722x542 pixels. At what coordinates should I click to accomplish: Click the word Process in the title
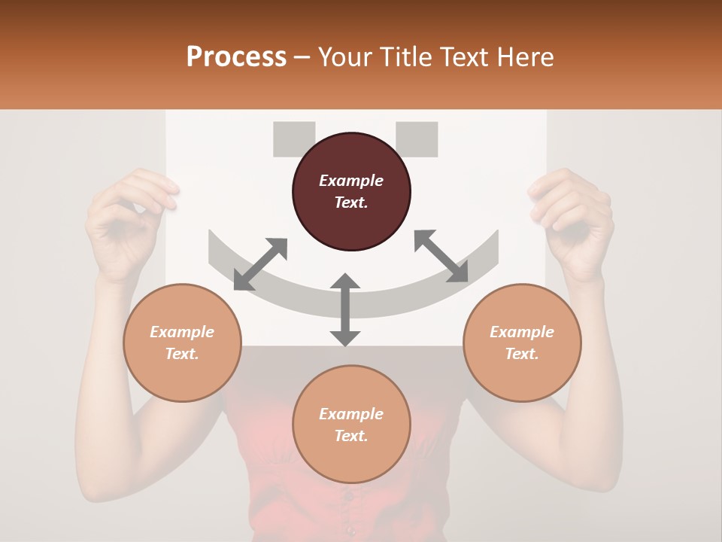point(236,57)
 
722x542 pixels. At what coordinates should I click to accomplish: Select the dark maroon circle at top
point(351,192)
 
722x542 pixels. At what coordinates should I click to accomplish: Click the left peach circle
point(182,343)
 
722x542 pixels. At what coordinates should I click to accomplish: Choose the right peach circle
point(521,343)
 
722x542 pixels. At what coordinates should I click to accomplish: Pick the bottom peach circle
point(351,425)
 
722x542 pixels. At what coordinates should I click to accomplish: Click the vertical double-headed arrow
point(345,310)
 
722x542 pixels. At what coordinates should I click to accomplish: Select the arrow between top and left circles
point(260,264)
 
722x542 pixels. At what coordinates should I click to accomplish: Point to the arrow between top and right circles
point(441,256)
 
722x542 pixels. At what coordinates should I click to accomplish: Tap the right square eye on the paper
point(417,139)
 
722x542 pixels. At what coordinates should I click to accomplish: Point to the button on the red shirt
point(347,495)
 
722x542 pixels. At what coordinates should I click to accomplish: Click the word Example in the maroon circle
point(351,181)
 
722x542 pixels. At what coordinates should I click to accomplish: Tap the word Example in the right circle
point(521,332)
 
